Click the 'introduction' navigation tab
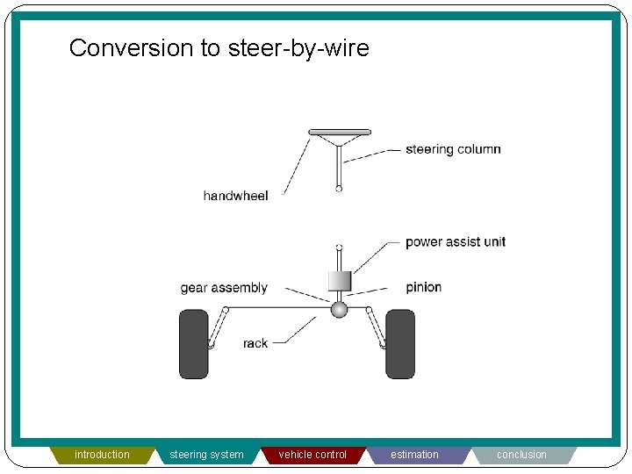102,455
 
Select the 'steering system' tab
206,455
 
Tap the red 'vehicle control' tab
312,455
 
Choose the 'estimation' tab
414,455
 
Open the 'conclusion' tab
521,455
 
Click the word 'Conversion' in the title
132,47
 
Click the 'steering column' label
453,149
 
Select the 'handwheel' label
235,196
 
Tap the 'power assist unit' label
455,241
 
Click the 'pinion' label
423,287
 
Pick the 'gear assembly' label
224,288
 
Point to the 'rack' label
255,343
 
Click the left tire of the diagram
194,344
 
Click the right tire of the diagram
400,344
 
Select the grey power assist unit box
339,281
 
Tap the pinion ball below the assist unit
339,309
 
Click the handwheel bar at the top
339,133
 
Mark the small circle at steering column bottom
339,188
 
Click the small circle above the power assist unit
339,248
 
